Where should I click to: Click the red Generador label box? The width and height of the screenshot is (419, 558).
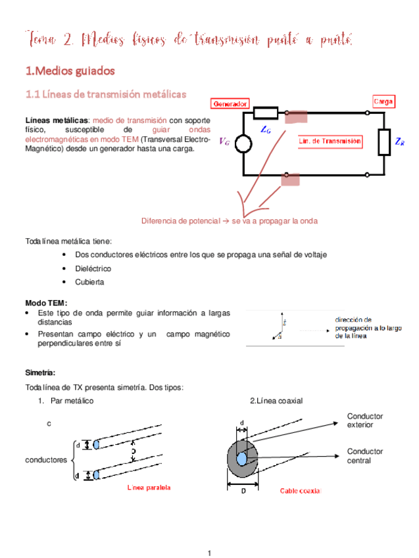tap(230, 104)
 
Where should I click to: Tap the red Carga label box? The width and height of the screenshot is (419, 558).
tap(383, 102)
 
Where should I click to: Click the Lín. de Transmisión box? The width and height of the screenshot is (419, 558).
tap(330, 141)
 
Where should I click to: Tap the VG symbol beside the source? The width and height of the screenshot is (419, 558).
tap(225, 141)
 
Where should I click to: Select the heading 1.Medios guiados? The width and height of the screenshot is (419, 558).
tap(69, 70)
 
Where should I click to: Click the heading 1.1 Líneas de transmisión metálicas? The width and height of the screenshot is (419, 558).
tap(105, 95)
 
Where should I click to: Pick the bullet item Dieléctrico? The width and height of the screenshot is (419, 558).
tap(93, 268)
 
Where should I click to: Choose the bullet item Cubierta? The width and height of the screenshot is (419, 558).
tap(89, 282)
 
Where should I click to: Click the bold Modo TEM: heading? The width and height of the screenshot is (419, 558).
tap(47, 302)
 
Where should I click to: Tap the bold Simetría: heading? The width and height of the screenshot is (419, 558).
tap(41, 372)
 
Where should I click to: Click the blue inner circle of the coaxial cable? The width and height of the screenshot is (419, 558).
tap(242, 458)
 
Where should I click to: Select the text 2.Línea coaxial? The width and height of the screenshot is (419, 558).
tap(276, 401)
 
